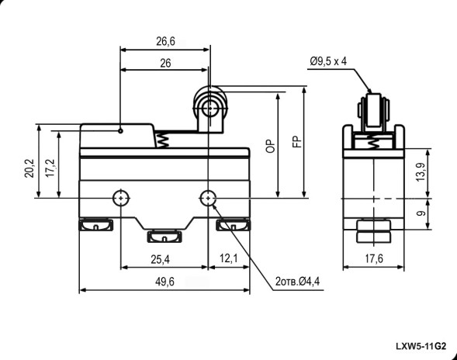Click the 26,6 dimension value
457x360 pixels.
[164, 40]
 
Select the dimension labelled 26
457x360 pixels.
[164, 64]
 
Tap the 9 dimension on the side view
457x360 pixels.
[419, 210]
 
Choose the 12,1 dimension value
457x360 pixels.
[228, 258]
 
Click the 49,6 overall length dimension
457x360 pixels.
[164, 282]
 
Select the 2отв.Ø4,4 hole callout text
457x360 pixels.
[298, 282]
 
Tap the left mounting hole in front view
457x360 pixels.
[121, 198]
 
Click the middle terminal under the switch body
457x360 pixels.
[164, 235]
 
